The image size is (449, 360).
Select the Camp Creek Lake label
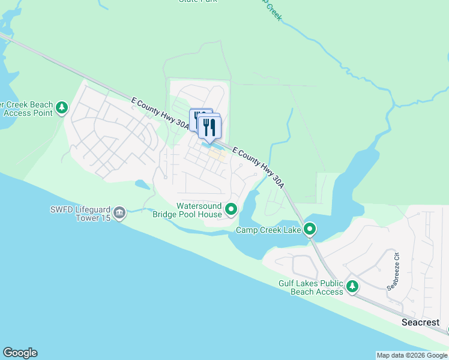pos(268,230)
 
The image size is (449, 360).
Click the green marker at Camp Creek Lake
pos(310,229)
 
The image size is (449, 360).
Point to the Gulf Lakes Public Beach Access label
pos(310,287)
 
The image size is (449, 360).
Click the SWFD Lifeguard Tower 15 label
pos(80,214)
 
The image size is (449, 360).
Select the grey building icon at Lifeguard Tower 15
pos(119,212)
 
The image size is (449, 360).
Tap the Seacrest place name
pos(420,322)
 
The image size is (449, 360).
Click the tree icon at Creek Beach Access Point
pos(62,108)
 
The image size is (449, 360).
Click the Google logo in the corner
pos(20,353)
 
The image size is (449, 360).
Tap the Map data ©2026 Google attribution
pos(412,355)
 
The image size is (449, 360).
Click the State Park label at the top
pos(197,1)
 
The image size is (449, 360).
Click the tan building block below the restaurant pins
pos(217,155)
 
